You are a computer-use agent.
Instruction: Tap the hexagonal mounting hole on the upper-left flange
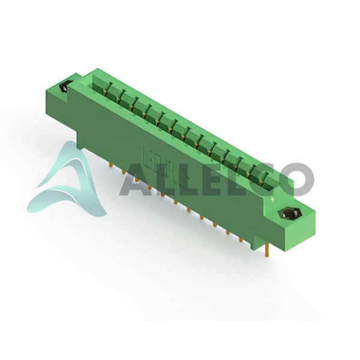64,86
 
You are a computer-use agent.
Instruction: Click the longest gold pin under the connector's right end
267,250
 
